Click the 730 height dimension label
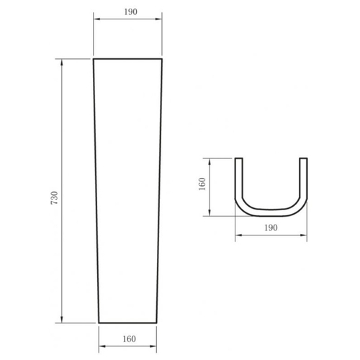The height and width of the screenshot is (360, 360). [55, 198]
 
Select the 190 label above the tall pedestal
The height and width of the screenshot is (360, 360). [130, 12]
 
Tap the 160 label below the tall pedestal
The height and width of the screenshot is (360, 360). [130, 339]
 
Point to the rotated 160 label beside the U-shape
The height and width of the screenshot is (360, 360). [202, 184]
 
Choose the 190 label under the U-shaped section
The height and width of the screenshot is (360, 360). [271, 228]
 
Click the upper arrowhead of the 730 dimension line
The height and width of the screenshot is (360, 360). [62, 62]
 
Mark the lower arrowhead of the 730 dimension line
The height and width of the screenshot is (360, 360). [62, 320]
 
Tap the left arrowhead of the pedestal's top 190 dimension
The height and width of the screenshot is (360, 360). [96, 19]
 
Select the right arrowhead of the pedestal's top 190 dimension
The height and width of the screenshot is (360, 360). [159, 19]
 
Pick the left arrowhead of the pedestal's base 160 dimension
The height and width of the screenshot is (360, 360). [102, 346]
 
